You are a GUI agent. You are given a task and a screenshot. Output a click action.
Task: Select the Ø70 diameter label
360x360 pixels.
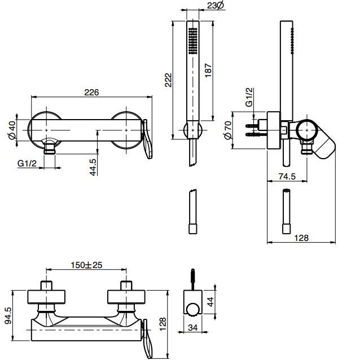click(x=227, y=131)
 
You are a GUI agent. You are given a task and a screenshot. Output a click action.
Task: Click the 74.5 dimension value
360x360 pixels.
click(x=288, y=177)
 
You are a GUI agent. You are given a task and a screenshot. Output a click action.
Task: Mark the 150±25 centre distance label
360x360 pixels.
click(x=87, y=265)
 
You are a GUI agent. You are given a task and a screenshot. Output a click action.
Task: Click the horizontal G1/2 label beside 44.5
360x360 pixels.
click(x=27, y=164)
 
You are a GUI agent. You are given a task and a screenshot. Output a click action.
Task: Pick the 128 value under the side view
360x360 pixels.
click(x=302, y=238)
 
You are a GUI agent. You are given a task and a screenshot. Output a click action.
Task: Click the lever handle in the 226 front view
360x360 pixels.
click(x=147, y=141)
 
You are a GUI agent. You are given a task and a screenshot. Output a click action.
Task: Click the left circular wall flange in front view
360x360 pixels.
click(x=44, y=129)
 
